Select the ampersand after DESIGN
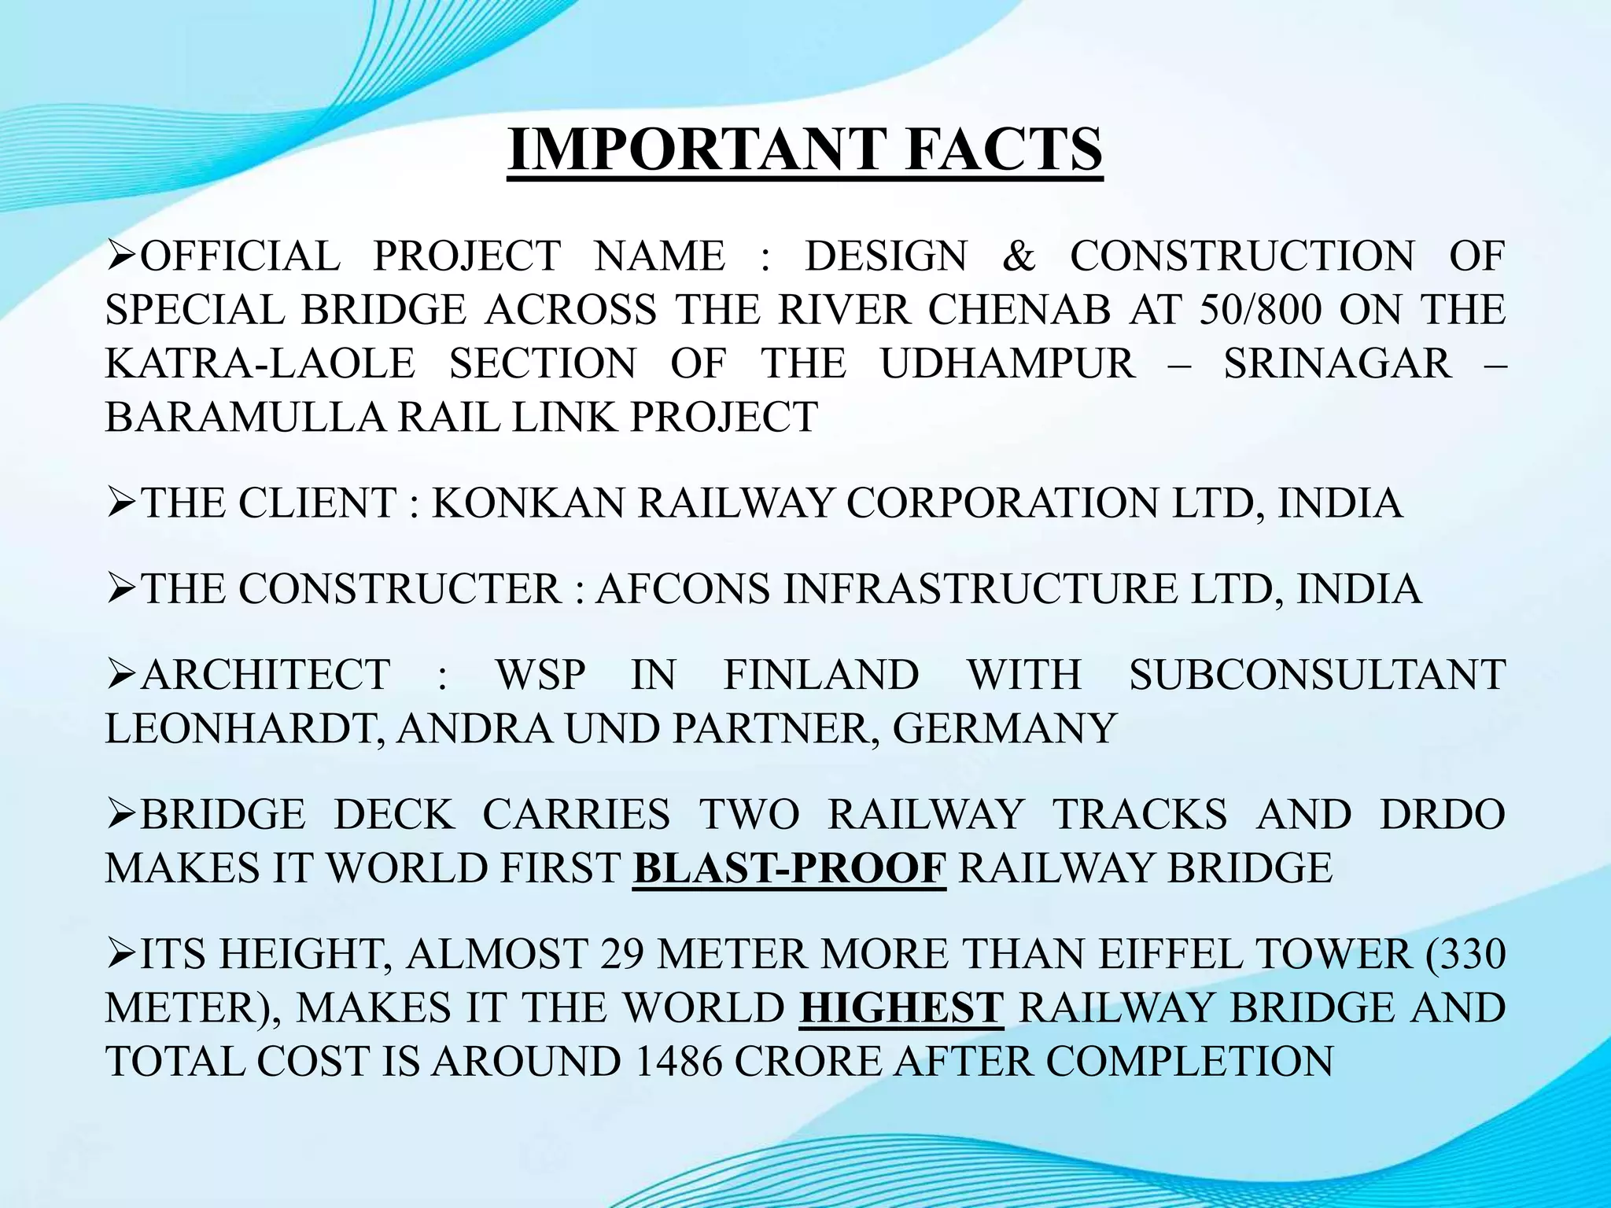1019,256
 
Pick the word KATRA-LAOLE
260,363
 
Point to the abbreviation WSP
541,675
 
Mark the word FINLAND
820,675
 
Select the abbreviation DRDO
1443,814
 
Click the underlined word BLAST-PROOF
789,867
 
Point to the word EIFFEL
1175,954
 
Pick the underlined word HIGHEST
901,1007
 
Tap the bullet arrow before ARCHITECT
122,675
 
